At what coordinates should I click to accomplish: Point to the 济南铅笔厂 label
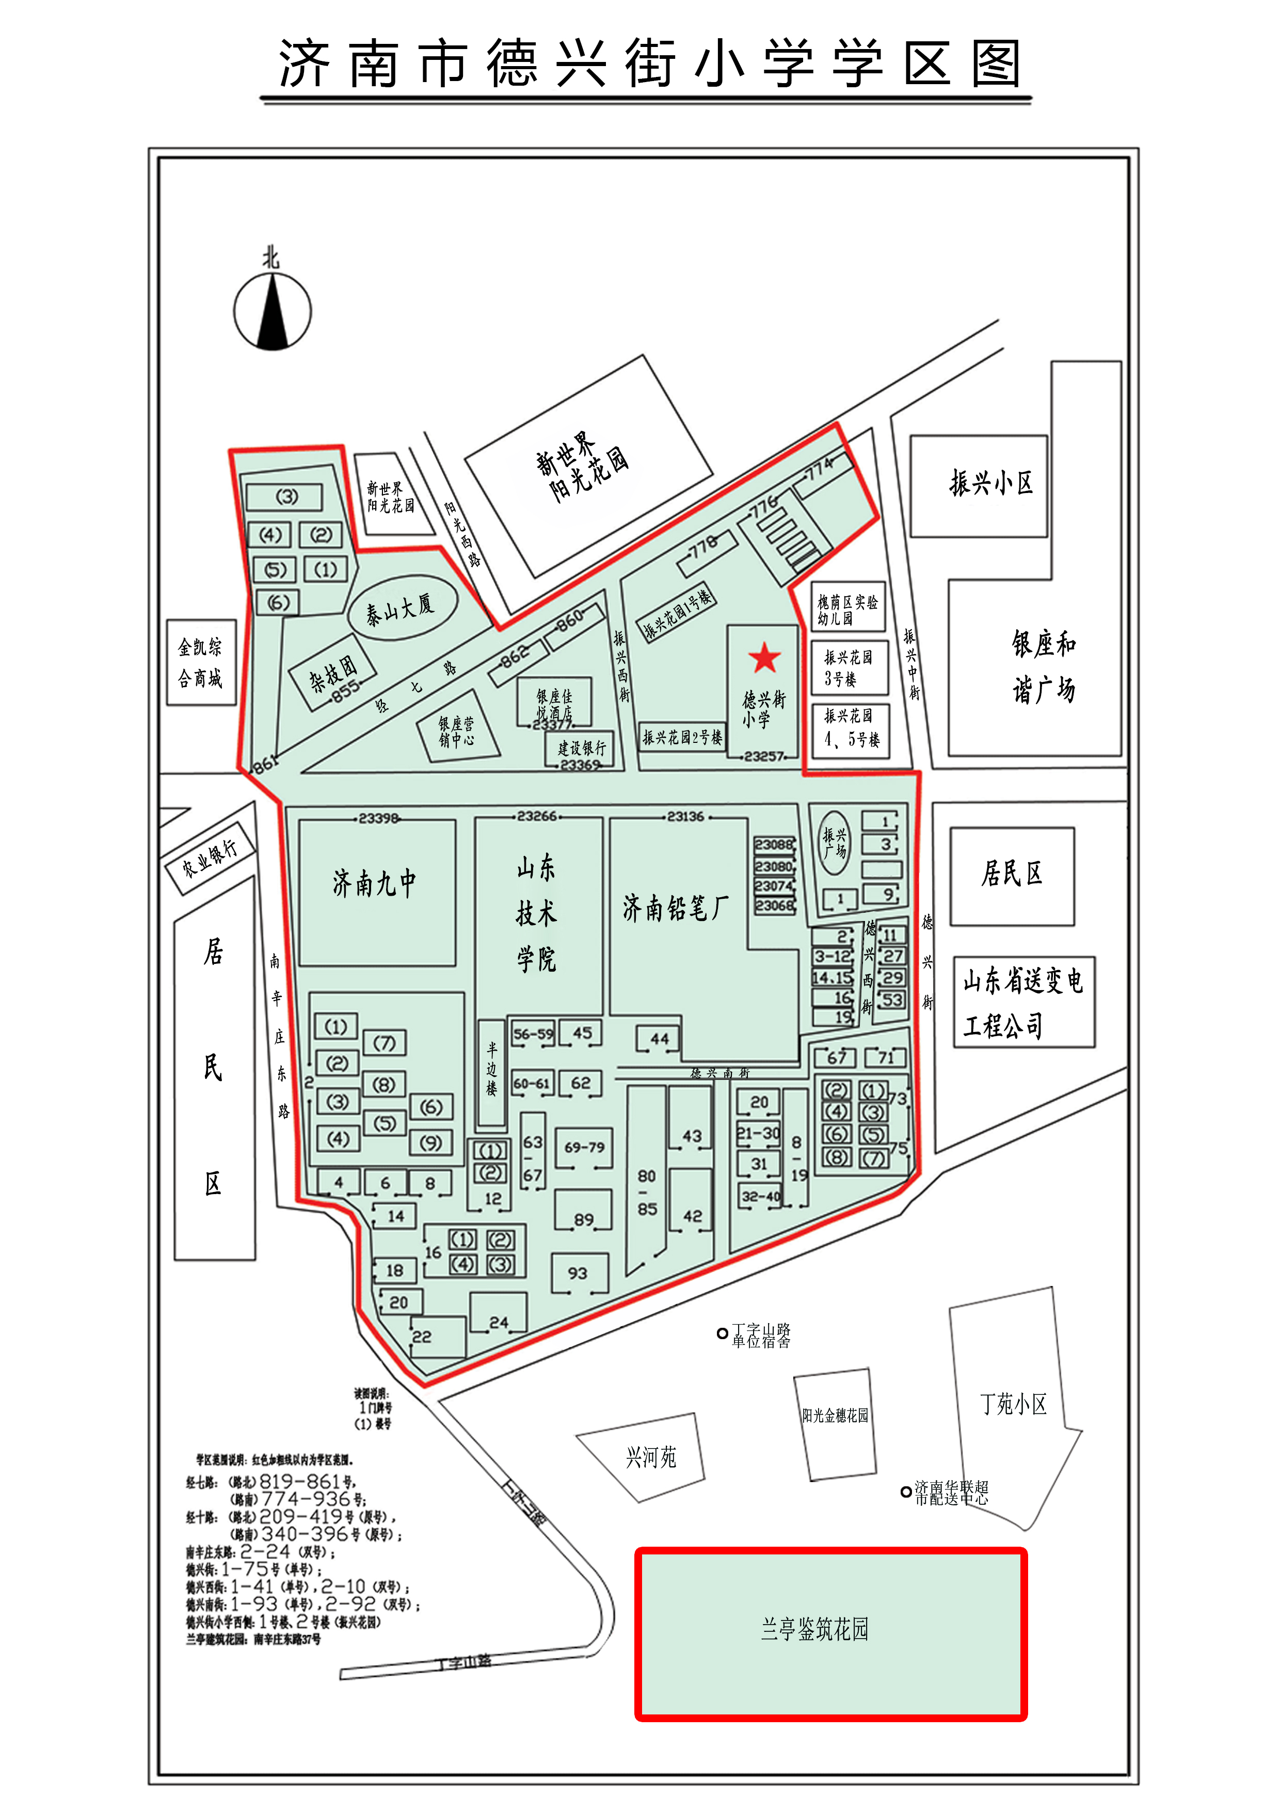pos(675,908)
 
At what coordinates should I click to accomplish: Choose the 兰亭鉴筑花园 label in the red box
pos(814,1628)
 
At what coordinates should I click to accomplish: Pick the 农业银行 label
pos(209,857)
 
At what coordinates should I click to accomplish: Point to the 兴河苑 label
pos(651,1457)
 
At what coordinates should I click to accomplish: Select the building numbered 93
pos(578,1273)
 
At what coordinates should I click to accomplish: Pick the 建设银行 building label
pos(582,747)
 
